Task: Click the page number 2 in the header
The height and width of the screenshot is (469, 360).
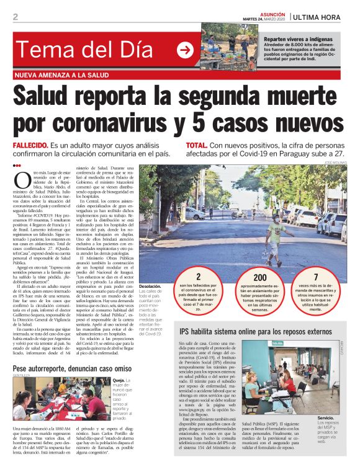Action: coord(15,16)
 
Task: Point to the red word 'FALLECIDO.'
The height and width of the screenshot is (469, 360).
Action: coord(30,145)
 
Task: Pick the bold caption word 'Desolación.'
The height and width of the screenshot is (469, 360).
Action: coord(151,287)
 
